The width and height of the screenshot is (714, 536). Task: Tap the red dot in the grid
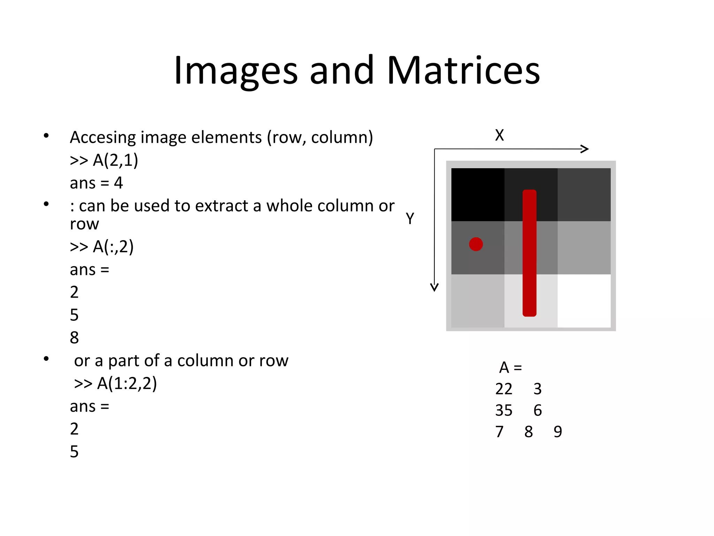476,244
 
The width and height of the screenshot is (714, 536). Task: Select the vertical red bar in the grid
529,253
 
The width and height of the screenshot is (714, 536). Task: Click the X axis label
499,135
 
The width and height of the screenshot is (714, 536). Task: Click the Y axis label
410,219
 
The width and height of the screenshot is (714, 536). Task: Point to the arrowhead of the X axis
586,149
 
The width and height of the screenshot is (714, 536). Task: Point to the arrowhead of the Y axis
434,288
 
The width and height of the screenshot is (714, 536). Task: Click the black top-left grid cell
478,194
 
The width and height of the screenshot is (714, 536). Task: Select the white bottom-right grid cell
584,300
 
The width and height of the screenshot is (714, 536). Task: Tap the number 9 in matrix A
558,432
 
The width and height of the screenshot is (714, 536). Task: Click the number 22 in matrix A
504,389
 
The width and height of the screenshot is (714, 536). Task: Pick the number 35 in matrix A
504,410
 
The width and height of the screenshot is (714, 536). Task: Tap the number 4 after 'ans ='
119,183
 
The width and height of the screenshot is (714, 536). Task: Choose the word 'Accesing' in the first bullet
102,137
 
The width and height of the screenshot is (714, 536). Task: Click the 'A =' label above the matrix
510,367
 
